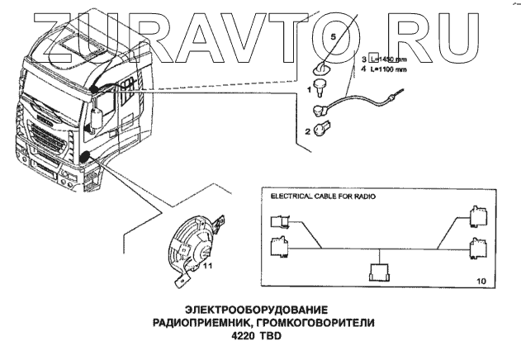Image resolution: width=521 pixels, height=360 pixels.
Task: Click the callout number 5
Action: click(x=334, y=38)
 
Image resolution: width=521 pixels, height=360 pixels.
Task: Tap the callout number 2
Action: click(x=307, y=130)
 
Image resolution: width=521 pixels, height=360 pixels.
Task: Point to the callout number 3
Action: click(x=363, y=59)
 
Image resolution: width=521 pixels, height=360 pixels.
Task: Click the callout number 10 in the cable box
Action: click(x=481, y=282)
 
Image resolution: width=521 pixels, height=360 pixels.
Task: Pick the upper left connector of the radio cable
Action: click(x=278, y=220)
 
